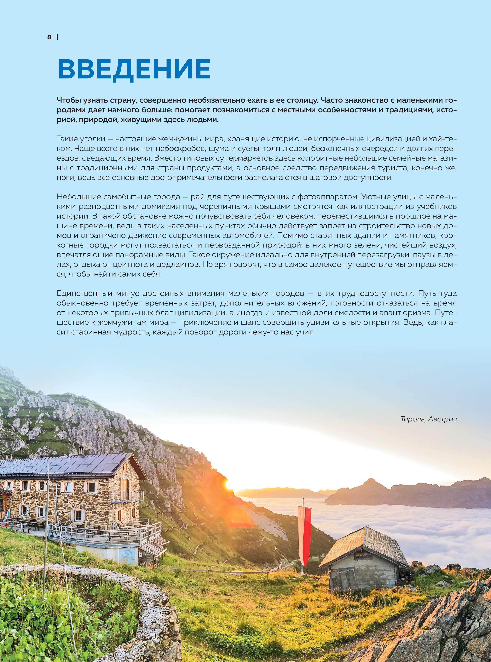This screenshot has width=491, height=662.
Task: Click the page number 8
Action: click(49, 37)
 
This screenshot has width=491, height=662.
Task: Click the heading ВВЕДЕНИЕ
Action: click(134, 69)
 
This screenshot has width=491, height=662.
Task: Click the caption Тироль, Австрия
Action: click(428, 419)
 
